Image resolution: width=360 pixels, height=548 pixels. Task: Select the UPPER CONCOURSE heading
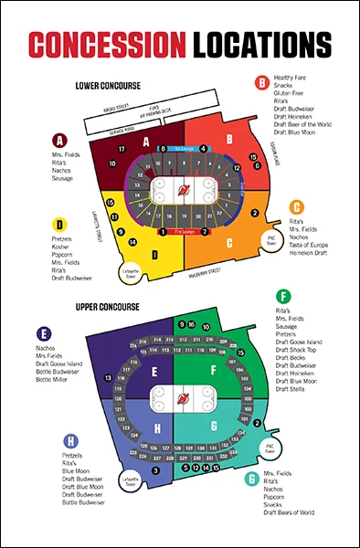click(108, 306)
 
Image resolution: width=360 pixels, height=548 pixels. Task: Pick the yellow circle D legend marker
click(59, 224)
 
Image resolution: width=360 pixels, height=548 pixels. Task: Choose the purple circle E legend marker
click(46, 334)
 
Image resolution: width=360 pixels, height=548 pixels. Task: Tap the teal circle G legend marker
click(251, 478)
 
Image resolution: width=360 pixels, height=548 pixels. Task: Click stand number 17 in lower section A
click(122, 148)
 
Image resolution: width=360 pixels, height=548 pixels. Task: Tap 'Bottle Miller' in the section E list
click(53, 378)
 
